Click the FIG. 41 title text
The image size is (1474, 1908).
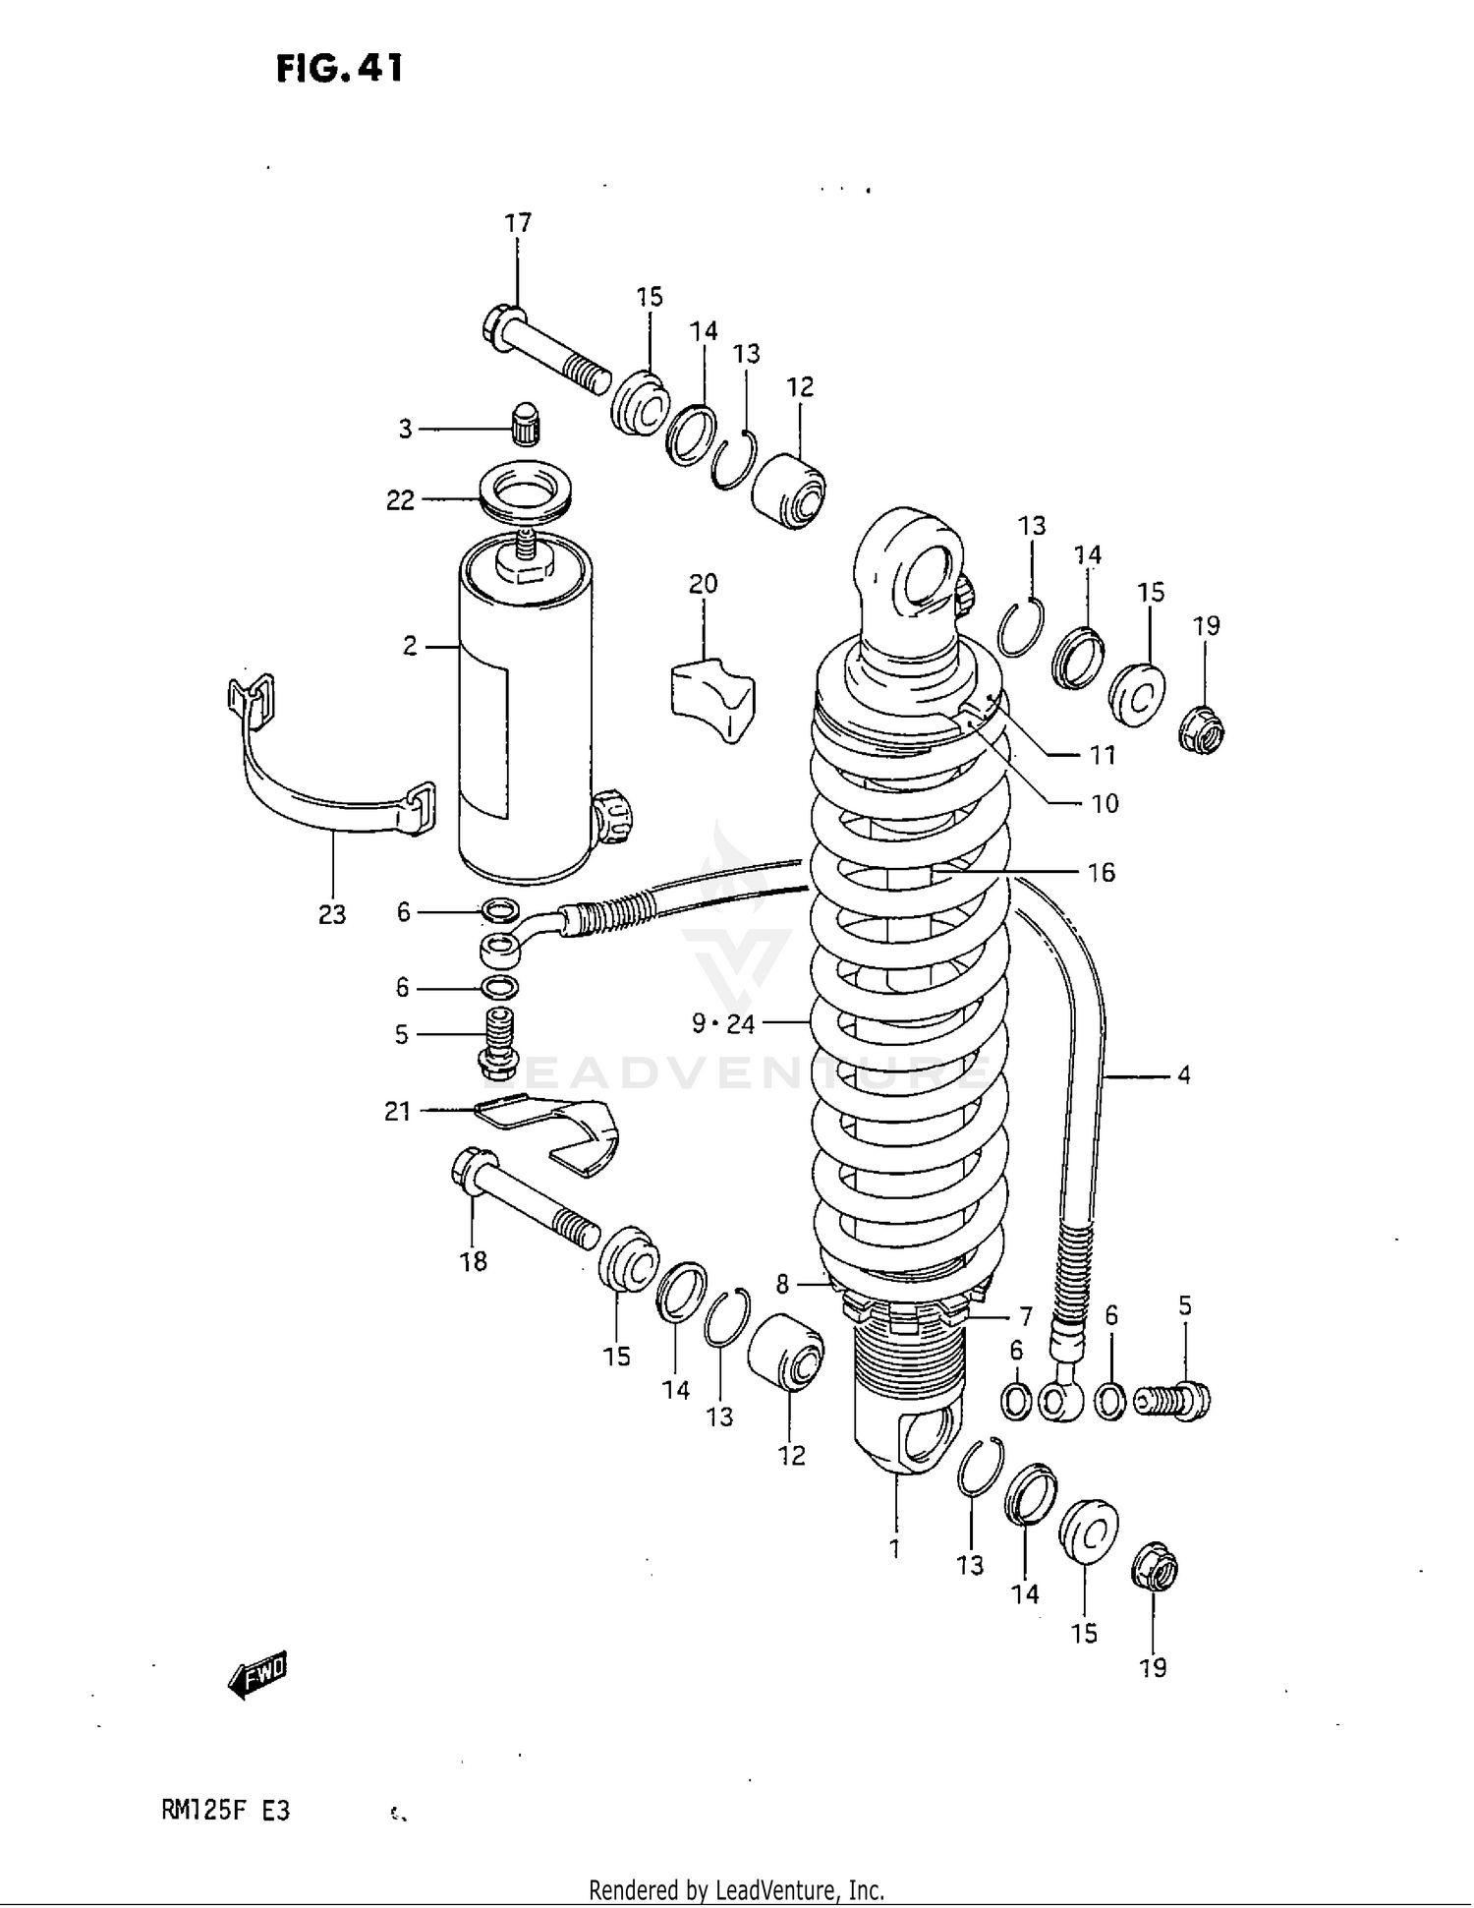339,69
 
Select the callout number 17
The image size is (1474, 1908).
518,223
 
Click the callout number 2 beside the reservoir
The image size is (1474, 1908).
410,646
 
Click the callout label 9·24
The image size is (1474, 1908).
722,1024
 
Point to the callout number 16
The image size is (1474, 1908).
1101,872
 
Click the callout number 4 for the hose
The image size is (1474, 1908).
1183,1075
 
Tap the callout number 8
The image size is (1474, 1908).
782,1284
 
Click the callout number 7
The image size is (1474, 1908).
1025,1315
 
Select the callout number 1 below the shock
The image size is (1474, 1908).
894,1548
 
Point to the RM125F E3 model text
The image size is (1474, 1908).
226,1810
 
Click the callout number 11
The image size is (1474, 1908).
1103,755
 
